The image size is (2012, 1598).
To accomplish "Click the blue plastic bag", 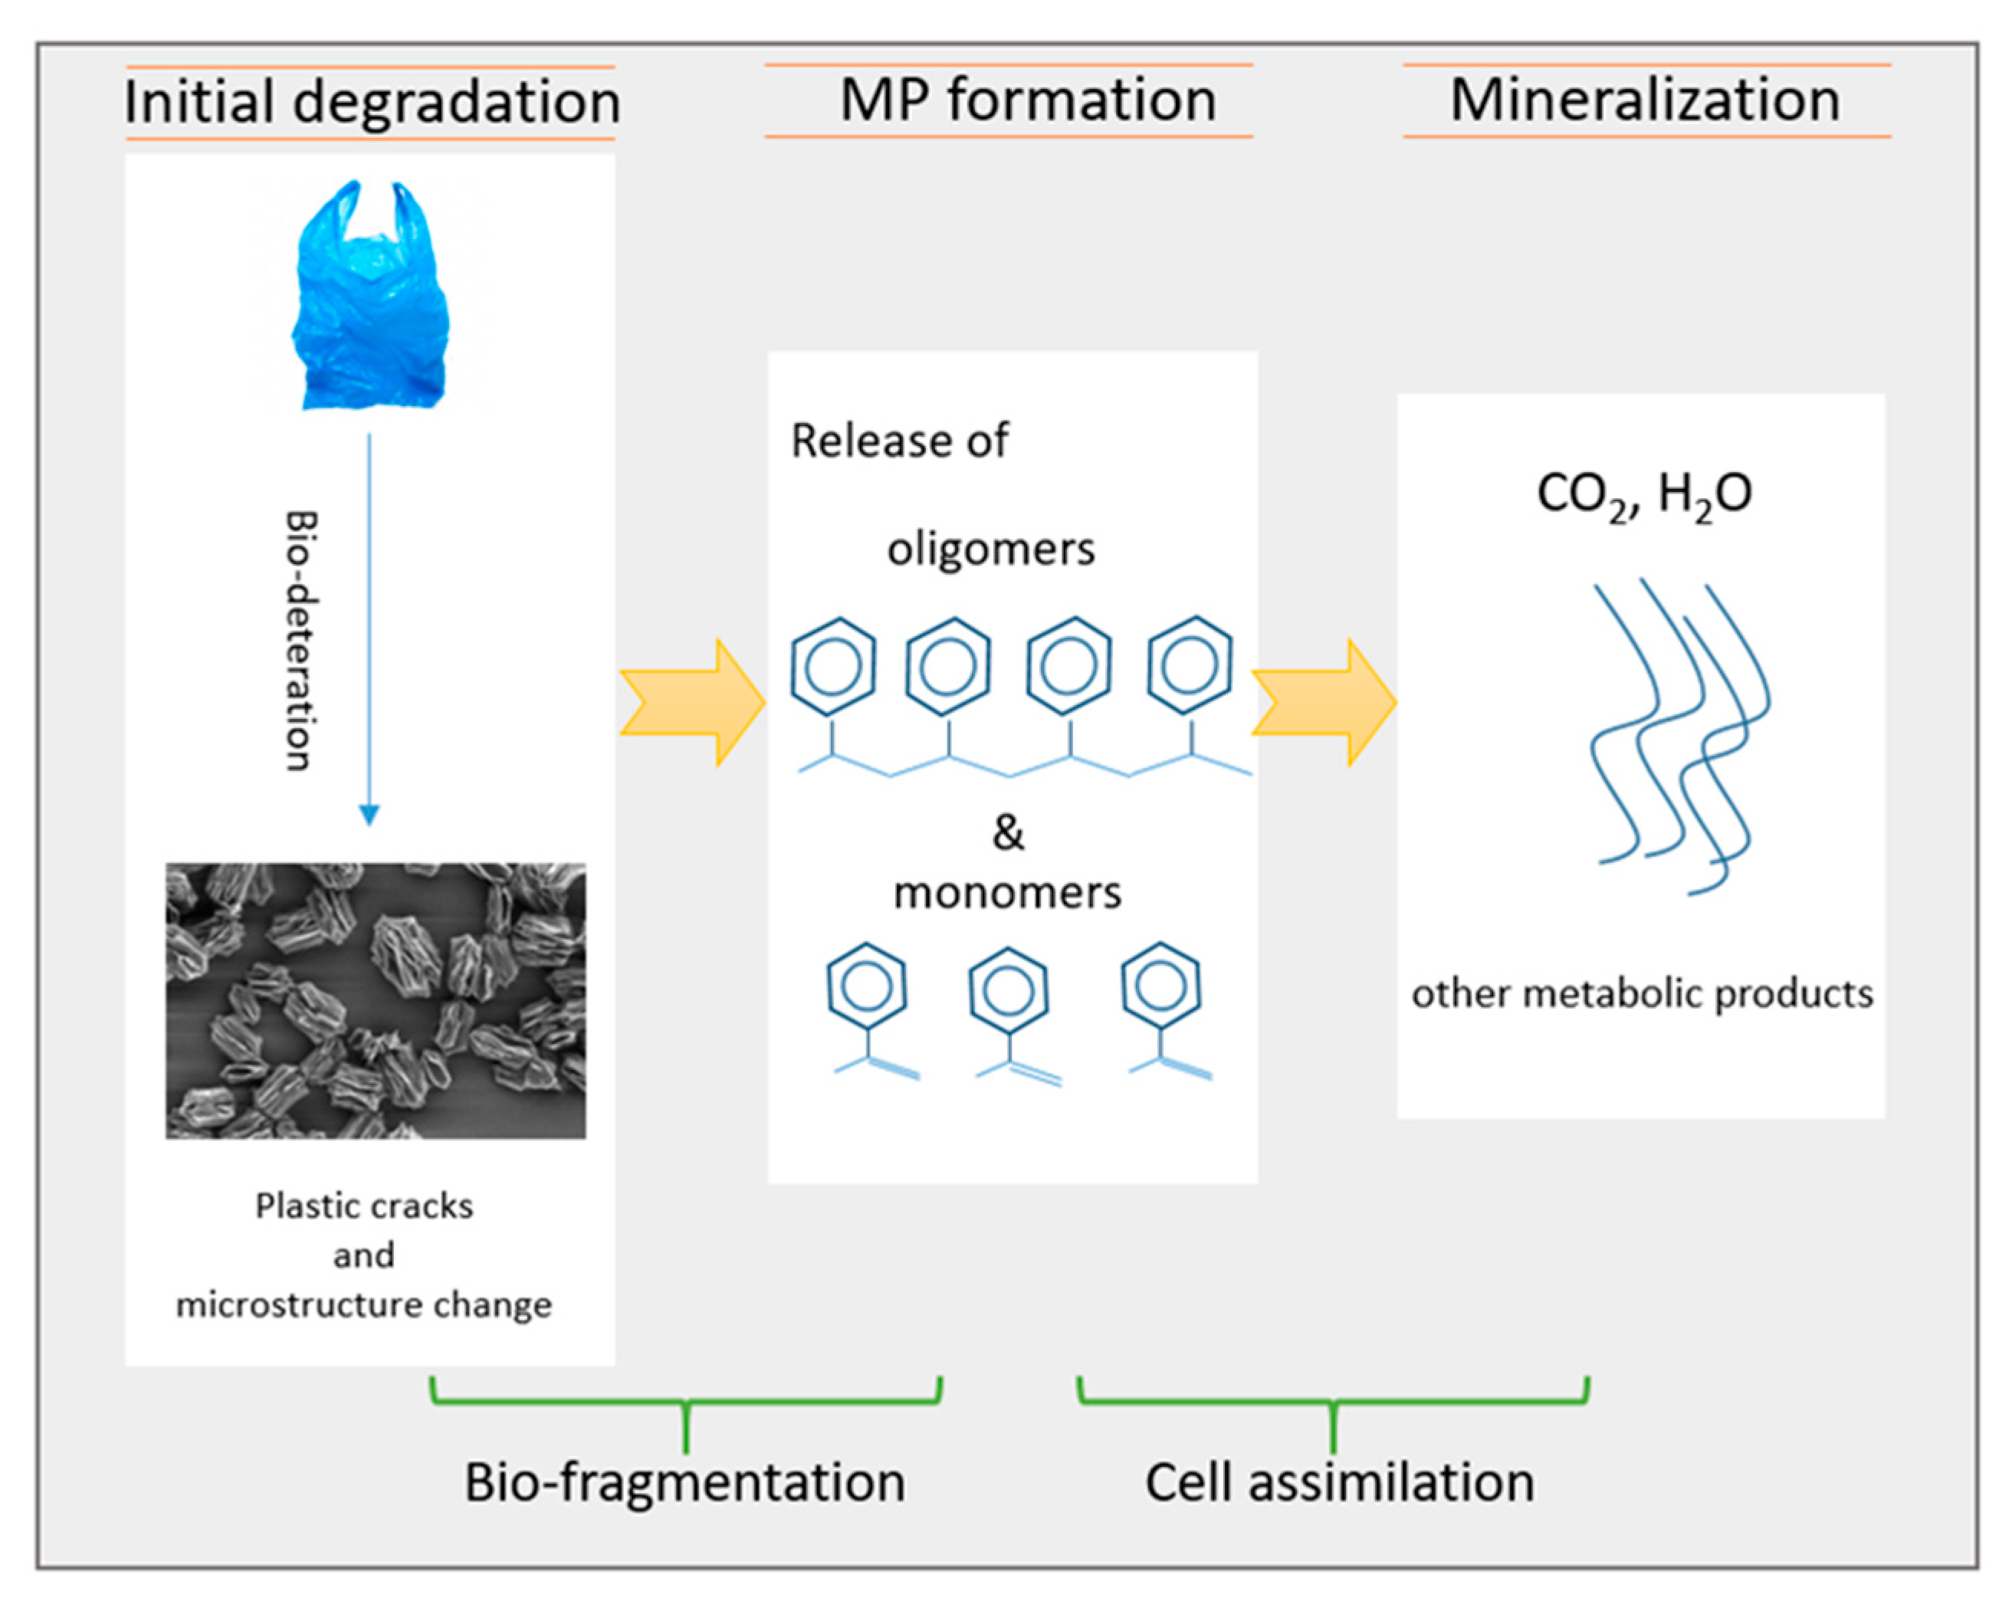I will click(x=372, y=299).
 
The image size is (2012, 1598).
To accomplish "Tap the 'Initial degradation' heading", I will click(x=372, y=102).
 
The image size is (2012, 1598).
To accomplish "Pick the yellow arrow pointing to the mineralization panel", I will click(x=1323, y=703).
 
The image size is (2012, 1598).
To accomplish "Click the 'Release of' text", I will click(x=898, y=441).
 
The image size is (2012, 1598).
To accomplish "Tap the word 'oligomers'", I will click(x=990, y=549).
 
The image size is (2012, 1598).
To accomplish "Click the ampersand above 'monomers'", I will click(x=1008, y=832).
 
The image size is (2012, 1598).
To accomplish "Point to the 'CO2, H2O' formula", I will click(x=1643, y=494).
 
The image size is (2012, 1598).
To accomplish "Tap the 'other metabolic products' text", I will click(x=1642, y=994).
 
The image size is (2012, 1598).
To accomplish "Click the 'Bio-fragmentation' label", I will click(x=685, y=1482).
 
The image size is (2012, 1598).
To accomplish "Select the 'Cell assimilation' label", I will click(x=1339, y=1482).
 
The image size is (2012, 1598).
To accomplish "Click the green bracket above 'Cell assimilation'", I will click(x=1333, y=1402).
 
